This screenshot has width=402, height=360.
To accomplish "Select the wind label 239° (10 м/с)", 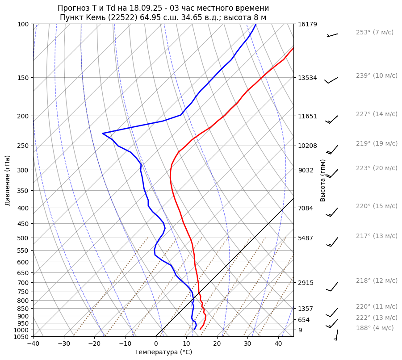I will click(x=377, y=75).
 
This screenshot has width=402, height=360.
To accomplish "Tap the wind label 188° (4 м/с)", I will click(x=375, y=328).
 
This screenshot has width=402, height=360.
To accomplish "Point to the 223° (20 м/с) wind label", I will click(x=377, y=168).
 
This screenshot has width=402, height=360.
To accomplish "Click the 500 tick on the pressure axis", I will click(x=24, y=238).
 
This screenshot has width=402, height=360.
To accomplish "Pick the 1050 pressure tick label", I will click(x=22, y=337).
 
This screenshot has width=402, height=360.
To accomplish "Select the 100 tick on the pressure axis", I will click(x=24, y=24).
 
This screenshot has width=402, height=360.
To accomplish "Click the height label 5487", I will click(x=306, y=238).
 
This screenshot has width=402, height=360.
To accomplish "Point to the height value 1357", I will click(x=306, y=309).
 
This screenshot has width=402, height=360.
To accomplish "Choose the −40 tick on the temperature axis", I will click(x=33, y=344).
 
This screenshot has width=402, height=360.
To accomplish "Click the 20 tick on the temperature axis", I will click(x=217, y=344).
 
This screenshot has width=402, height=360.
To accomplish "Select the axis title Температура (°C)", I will click(x=163, y=352).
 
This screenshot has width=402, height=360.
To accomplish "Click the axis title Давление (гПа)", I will click(x=8, y=180).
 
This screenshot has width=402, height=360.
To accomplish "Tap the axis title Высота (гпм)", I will click(x=323, y=180).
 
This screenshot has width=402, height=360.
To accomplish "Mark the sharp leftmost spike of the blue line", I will click(x=103, y=133).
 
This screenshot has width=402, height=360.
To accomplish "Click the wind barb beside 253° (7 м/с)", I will click(x=332, y=35).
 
